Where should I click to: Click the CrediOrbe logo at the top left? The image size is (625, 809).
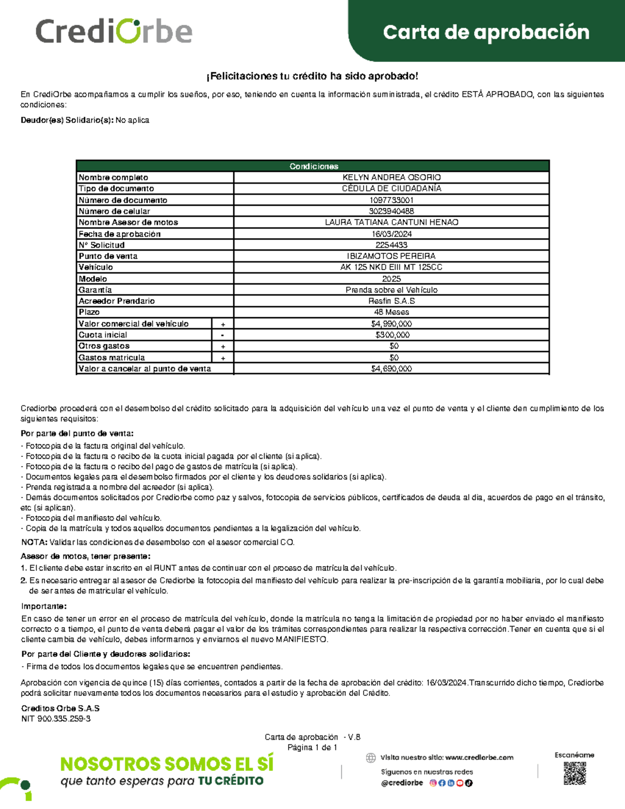coord(114,31)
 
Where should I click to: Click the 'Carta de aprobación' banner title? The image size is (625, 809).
coord(486,32)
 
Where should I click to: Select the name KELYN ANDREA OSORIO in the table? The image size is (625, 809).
coord(391,178)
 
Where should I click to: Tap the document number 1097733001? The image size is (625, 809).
coord(391,200)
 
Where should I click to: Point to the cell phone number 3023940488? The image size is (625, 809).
coord(391,211)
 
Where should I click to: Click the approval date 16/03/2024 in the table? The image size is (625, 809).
coord(391,234)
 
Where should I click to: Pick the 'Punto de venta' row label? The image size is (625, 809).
coord(108,256)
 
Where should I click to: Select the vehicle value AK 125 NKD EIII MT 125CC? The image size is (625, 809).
coord(391,267)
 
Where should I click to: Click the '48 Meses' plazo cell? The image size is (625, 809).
coord(391,312)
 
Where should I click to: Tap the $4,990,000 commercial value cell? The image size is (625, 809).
coord(391,323)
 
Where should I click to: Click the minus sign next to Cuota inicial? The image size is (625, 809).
coord(222,335)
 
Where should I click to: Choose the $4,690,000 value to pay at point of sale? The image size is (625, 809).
coord(391,368)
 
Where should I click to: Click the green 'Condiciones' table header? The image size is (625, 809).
coord(314,166)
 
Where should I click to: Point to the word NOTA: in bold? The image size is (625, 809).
coord(34,542)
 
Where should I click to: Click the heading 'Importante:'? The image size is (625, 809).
coord(44,606)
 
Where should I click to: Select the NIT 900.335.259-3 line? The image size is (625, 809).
coord(56,718)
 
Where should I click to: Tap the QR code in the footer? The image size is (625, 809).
coord(574,773)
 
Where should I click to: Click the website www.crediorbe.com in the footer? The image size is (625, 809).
coord(479,757)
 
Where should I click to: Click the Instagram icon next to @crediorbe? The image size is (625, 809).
coord(433,783)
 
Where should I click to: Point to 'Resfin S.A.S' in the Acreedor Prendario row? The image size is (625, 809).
coord(391,301)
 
